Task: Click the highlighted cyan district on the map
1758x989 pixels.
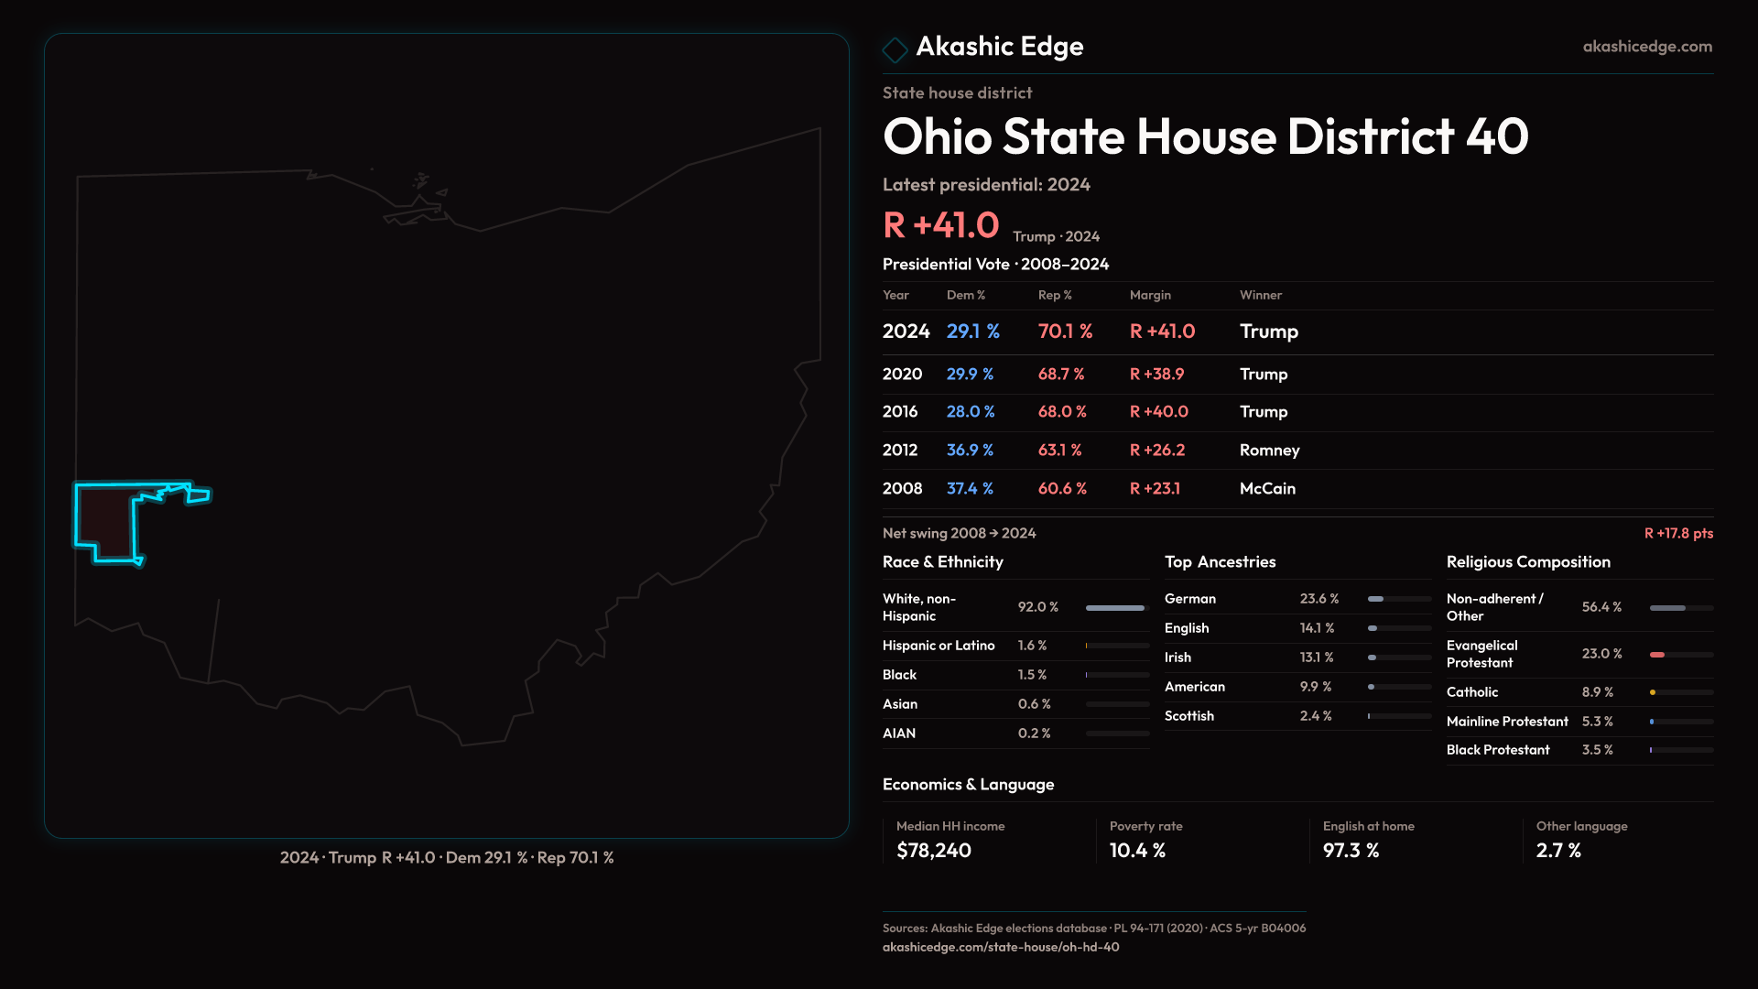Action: (105, 520)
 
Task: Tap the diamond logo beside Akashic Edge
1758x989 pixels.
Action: (895, 49)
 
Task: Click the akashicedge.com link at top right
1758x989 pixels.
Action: (1646, 47)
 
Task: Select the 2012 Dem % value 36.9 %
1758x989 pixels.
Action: (970, 451)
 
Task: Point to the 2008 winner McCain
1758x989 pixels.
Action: (1267, 489)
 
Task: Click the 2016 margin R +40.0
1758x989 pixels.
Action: (1158, 412)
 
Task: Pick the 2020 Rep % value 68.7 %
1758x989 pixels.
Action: (1060, 375)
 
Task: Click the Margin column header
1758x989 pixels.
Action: (1150, 295)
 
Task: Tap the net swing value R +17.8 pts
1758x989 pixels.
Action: (1677, 534)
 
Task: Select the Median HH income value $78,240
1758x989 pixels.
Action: (933, 851)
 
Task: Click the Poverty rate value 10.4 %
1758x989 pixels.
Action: (1137, 851)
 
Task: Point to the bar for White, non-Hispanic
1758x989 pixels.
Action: (1115, 608)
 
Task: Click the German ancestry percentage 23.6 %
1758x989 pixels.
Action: (1318, 599)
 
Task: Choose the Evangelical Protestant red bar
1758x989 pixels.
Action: (1657, 655)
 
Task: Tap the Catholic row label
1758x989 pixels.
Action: (1471, 692)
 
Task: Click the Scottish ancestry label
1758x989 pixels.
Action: (1188, 716)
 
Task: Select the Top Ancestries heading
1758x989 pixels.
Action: (1220, 562)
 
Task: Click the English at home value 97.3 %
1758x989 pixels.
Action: (1351, 851)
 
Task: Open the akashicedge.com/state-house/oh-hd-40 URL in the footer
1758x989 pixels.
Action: (1000, 948)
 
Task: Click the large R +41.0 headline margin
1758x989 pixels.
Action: (940, 225)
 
